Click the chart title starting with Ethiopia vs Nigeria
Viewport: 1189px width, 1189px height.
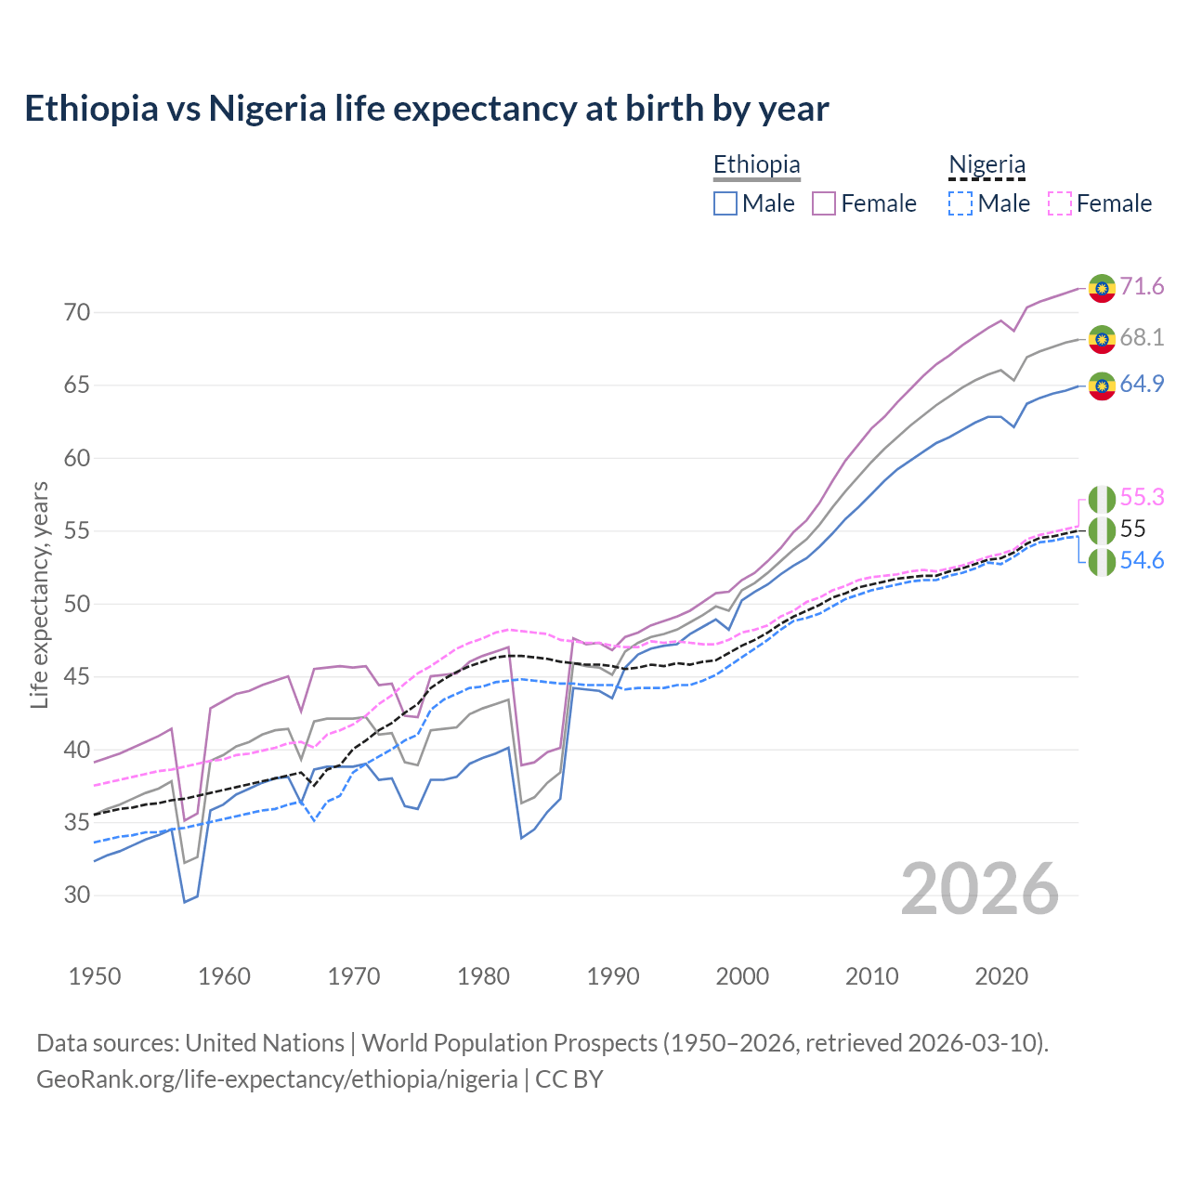426,109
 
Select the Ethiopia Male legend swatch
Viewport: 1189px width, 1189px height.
725,203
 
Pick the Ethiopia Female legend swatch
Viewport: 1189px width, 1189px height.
824,203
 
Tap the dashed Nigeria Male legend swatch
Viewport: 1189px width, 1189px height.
960,203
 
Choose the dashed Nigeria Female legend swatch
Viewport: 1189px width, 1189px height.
1060,203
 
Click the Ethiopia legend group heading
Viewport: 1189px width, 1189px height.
756,165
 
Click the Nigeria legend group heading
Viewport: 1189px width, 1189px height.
986,165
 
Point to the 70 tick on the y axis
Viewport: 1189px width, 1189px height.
77,312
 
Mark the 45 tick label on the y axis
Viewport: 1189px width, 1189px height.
77,677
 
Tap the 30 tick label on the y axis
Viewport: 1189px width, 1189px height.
77,895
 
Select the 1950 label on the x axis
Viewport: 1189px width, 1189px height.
95,976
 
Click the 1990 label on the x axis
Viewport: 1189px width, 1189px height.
613,976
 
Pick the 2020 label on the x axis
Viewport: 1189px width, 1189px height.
1001,976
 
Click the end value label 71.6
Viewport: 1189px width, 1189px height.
1142,286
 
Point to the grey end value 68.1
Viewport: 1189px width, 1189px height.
1142,337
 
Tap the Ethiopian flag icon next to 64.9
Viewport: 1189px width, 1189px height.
1102,385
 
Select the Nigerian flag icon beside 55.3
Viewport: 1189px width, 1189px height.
1102,500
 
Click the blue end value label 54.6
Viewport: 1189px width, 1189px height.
1142,560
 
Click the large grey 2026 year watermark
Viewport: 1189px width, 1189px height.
980,889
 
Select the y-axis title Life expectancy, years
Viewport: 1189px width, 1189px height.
40,594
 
